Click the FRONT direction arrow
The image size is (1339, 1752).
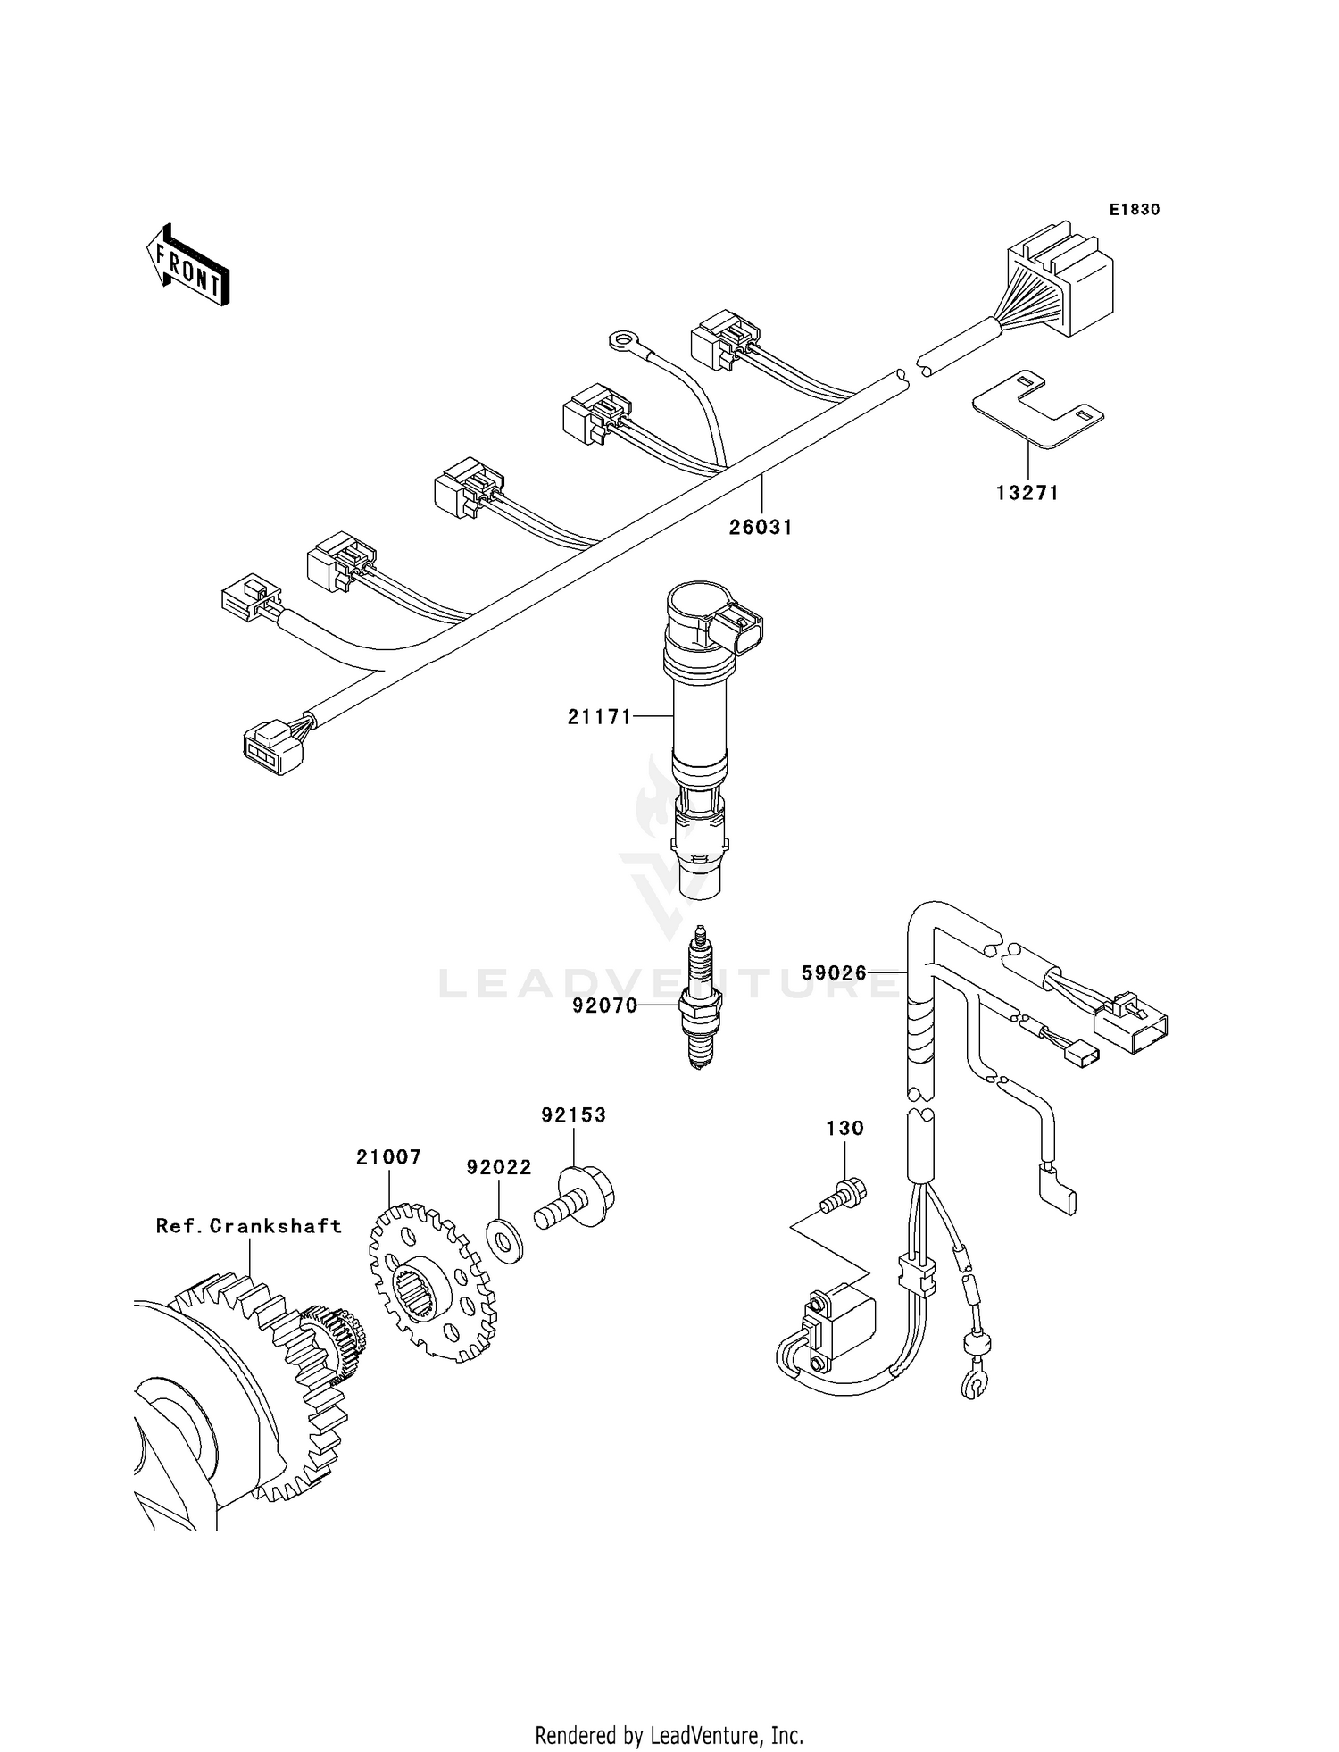[188, 267]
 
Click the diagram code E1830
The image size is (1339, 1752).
[1134, 210]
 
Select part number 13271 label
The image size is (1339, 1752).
[1027, 493]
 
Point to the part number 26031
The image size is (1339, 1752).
[761, 528]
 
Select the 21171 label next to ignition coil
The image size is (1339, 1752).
[600, 716]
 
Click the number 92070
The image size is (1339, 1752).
[605, 1006]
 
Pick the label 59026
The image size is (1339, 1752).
[834, 972]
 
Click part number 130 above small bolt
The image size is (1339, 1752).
[844, 1129]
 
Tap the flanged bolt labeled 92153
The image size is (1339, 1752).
[579, 1198]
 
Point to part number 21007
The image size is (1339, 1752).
[388, 1157]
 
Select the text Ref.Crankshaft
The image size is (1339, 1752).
[249, 1226]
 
